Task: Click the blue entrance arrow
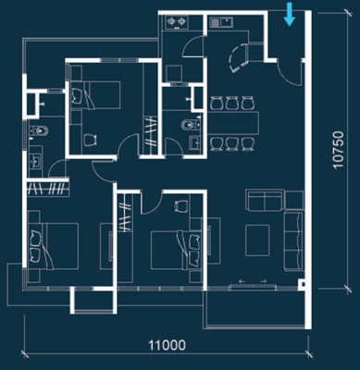click(291, 14)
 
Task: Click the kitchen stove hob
click(176, 20)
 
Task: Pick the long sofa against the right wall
click(294, 239)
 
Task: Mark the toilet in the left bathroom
click(36, 133)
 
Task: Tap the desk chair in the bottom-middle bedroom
click(181, 204)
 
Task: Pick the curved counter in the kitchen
click(238, 57)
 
